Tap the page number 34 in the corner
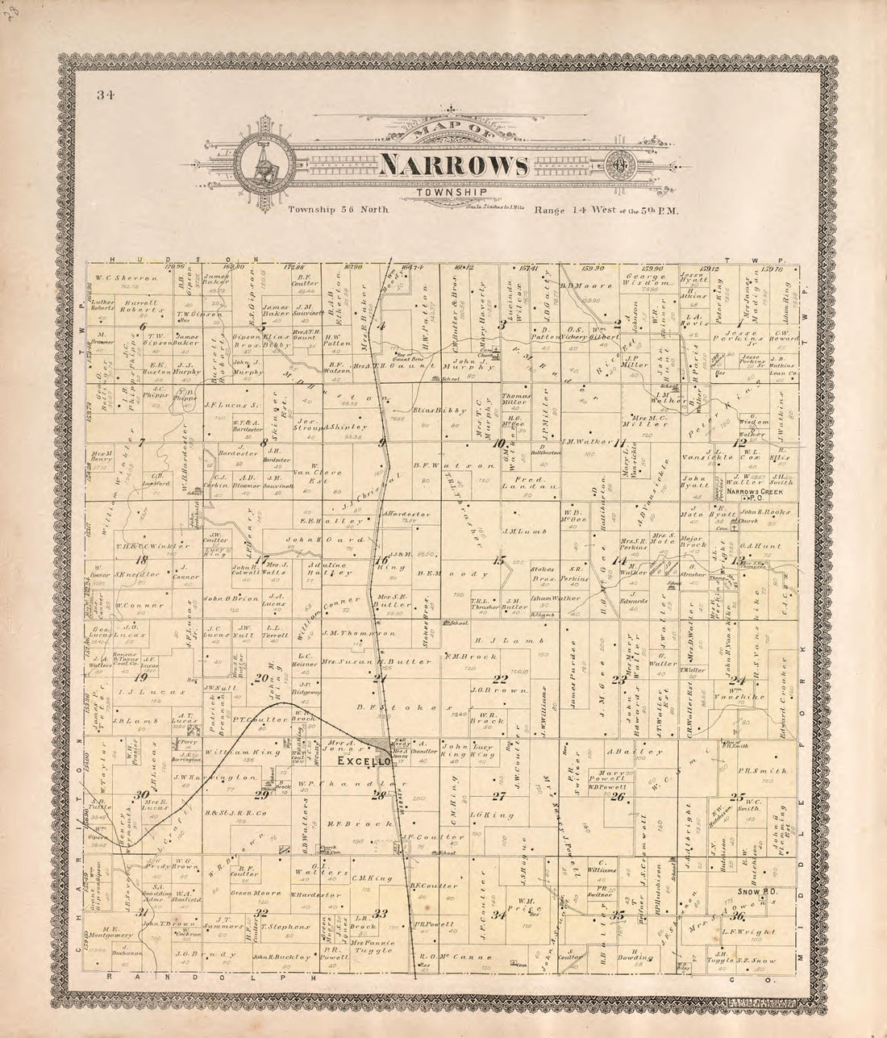pyautogui.click(x=105, y=94)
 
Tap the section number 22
pyautogui.click(x=501, y=678)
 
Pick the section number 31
pyautogui.click(x=143, y=911)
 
